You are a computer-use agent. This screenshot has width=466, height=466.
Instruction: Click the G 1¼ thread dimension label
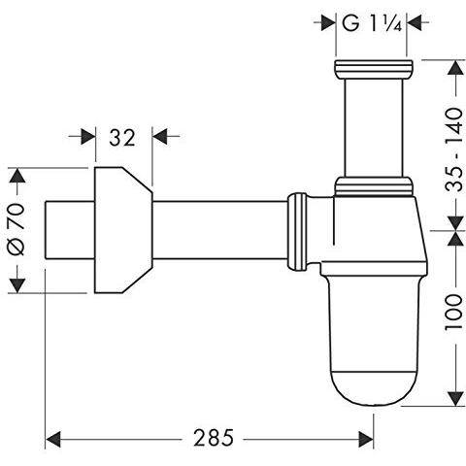click(x=372, y=23)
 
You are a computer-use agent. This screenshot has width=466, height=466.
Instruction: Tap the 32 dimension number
click(x=122, y=138)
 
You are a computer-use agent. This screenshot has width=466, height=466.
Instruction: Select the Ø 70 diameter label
click(x=17, y=229)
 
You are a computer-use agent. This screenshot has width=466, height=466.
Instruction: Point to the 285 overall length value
click(x=214, y=438)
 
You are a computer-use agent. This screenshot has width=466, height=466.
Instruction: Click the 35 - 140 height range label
click(x=453, y=150)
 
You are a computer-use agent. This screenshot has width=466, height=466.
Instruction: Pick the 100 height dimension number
click(x=453, y=312)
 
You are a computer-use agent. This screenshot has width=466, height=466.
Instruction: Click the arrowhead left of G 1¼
click(x=328, y=22)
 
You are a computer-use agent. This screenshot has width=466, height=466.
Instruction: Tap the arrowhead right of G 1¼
click(x=414, y=22)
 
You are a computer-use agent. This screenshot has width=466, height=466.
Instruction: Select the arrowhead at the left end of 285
click(x=53, y=440)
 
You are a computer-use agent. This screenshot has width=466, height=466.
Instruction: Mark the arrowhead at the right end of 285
click(x=366, y=440)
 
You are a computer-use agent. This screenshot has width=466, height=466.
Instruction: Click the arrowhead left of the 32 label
click(x=88, y=136)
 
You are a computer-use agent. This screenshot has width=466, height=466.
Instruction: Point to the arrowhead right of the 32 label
click(x=160, y=136)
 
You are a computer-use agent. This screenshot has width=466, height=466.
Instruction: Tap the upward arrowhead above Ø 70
click(x=17, y=175)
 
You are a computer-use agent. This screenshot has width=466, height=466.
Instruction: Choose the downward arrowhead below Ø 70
click(x=17, y=285)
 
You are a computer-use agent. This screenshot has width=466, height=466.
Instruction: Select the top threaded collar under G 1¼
click(x=374, y=69)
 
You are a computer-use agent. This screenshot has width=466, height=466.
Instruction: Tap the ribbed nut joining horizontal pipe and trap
click(x=297, y=232)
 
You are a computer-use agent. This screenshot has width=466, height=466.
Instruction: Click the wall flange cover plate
click(x=123, y=230)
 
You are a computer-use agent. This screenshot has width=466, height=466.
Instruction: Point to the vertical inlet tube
click(x=374, y=128)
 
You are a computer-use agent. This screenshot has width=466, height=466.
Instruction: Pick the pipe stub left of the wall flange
click(x=70, y=230)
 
